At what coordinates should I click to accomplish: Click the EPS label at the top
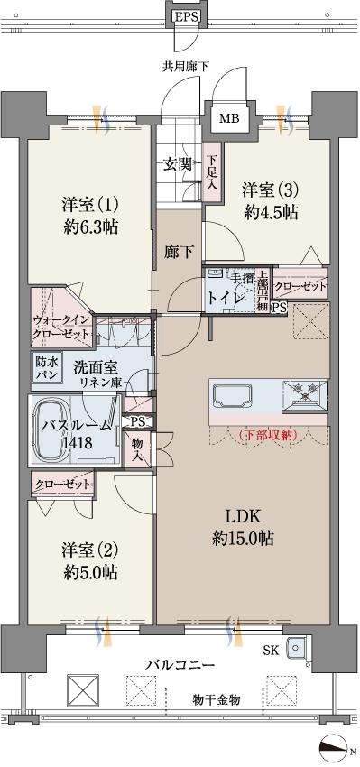[187, 16]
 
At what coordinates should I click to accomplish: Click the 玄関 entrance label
[177, 164]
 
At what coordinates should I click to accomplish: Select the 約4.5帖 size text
[270, 213]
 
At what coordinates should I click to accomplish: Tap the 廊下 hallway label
[177, 252]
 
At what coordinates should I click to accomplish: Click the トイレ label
[224, 296]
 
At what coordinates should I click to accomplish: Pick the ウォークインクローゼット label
[61, 327]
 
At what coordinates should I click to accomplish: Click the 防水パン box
[46, 367]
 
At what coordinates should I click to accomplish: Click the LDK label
[243, 517]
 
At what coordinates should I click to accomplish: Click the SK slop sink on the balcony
[296, 647]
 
